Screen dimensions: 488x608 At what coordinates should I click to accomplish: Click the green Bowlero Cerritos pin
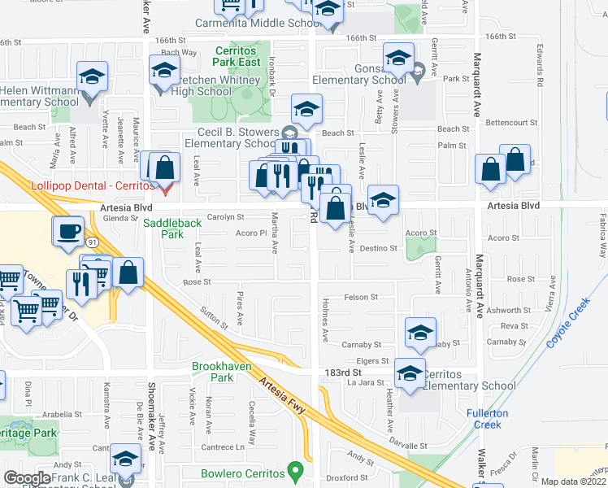(297, 471)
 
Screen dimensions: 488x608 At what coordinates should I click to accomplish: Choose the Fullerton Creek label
(488, 418)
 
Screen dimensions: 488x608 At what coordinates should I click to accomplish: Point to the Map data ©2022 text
(574, 481)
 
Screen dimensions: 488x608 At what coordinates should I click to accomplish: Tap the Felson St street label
(362, 298)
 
